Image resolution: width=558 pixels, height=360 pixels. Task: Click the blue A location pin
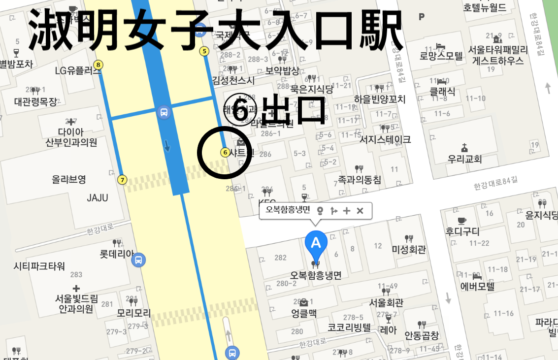316,243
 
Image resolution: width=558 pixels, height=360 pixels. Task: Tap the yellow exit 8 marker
99,65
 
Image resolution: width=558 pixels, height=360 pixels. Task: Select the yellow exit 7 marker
122,180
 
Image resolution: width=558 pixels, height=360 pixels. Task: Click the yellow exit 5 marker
204,51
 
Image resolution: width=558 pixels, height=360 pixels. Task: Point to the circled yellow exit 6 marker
225,153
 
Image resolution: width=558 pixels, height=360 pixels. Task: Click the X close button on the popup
360,211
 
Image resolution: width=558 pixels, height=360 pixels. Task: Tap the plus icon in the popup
347,211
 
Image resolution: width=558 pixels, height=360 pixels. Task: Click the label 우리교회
464,159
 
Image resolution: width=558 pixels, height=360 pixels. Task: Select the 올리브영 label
69,179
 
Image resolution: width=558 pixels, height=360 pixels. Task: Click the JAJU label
97,198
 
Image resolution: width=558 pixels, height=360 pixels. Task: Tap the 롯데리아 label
116,254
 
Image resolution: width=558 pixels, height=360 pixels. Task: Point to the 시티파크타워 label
39,266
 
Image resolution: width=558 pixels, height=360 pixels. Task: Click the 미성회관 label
408,250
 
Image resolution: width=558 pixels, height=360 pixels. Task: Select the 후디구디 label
462,231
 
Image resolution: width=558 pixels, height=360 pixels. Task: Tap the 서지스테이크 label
385,140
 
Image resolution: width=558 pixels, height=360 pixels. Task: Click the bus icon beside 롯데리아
139,259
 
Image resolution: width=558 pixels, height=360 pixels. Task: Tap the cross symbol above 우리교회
464,148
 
